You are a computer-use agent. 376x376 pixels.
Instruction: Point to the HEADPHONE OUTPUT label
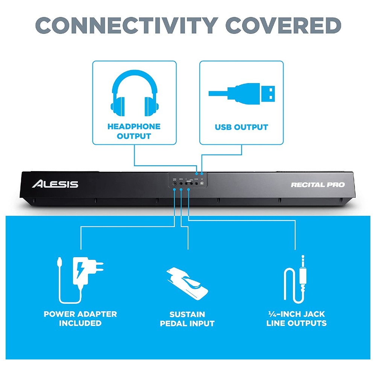(134, 131)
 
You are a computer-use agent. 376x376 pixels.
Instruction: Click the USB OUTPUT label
(241, 127)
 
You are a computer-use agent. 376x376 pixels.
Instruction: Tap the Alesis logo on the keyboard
(55, 184)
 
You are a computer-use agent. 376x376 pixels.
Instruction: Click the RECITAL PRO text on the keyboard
(318, 185)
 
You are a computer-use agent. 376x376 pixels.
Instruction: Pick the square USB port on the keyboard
(202, 183)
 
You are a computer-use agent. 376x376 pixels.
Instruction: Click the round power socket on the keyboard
(175, 184)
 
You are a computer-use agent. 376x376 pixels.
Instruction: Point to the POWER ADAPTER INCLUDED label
(80, 318)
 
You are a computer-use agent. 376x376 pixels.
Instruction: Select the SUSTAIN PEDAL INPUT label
(187, 318)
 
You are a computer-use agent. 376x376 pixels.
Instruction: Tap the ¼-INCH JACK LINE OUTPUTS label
(296, 318)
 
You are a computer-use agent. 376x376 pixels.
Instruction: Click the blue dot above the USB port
(202, 173)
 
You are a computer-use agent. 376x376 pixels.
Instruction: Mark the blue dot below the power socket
(175, 191)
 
